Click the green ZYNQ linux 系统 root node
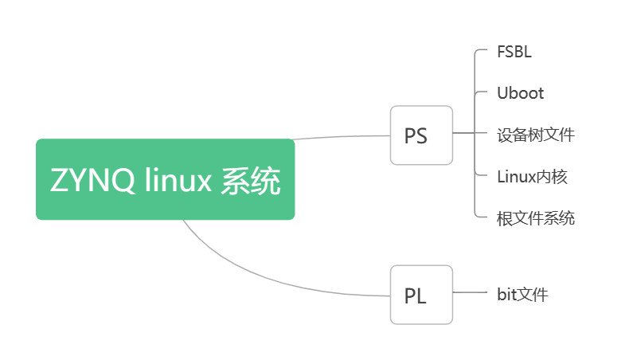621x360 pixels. click(x=165, y=179)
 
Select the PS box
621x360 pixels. click(x=421, y=135)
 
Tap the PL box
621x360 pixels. click(x=421, y=295)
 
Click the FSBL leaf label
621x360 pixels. click(x=514, y=53)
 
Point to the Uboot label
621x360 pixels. click(x=520, y=93)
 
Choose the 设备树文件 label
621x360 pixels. click(x=535, y=135)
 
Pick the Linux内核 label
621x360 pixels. click(x=532, y=176)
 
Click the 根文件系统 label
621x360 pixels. click(x=535, y=217)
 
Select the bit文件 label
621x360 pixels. click(x=522, y=295)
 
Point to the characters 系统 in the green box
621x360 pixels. click(x=252, y=181)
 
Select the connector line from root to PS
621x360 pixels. click(x=342, y=137)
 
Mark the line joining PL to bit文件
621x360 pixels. click(x=470, y=293)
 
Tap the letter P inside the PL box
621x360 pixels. click(x=411, y=295)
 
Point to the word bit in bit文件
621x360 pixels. click(x=507, y=295)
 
